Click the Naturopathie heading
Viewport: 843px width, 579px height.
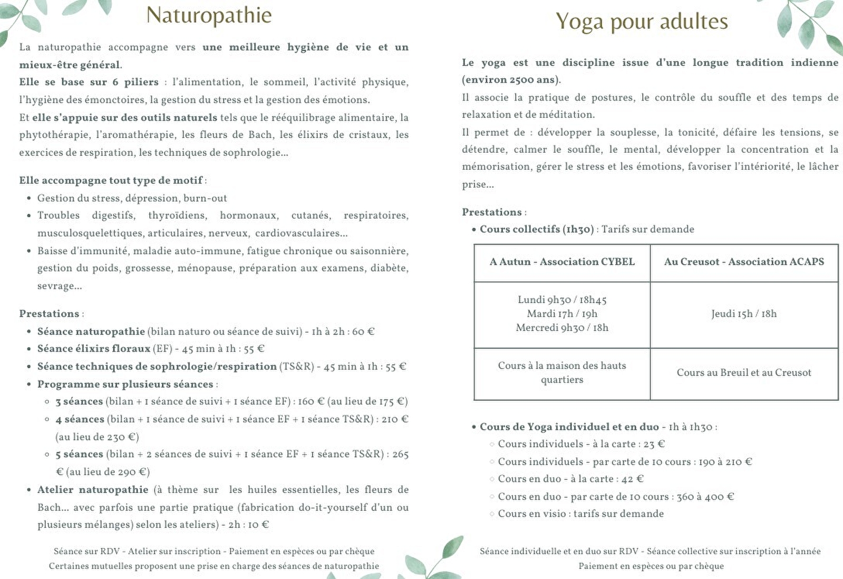(x=209, y=15)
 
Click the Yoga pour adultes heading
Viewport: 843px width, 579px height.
(x=642, y=22)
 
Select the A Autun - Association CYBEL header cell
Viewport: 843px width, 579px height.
(x=562, y=262)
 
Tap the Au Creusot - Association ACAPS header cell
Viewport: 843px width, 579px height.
(x=744, y=262)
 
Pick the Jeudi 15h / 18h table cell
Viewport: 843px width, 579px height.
(x=744, y=314)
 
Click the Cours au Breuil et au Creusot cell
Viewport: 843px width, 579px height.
(x=744, y=372)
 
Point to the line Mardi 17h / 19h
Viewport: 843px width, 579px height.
(x=562, y=314)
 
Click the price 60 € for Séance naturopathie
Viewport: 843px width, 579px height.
(x=363, y=332)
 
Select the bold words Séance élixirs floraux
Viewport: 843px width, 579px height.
(x=93, y=349)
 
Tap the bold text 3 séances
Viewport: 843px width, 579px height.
(x=79, y=401)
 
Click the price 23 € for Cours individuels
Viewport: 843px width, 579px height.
(x=654, y=444)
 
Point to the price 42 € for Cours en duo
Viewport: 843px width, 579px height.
(x=633, y=479)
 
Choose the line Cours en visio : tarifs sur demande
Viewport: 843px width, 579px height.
(x=580, y=514)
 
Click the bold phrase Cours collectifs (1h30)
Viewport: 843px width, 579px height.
(x=537, y=229)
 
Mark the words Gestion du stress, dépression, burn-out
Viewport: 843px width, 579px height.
(x=132, y=198)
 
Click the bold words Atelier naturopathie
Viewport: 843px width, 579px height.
(x=93, y=490)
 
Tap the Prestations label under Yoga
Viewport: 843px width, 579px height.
(x=492, y=212)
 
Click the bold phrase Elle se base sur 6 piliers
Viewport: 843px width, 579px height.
(x=89, y=82)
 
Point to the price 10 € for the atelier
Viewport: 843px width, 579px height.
(x=258, y=525)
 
